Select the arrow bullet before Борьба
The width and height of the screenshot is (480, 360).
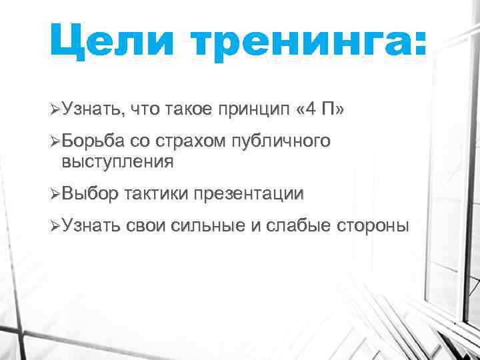(x=55, y=142)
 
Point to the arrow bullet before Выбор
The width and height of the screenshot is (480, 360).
(x=55, y=194)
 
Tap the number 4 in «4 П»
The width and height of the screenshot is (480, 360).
(x=307, y=109)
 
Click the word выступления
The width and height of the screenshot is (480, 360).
(x=117, y=161)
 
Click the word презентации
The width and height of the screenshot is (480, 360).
(x=248, y=195)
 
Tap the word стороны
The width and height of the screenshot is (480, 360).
(x=372, y=227)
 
